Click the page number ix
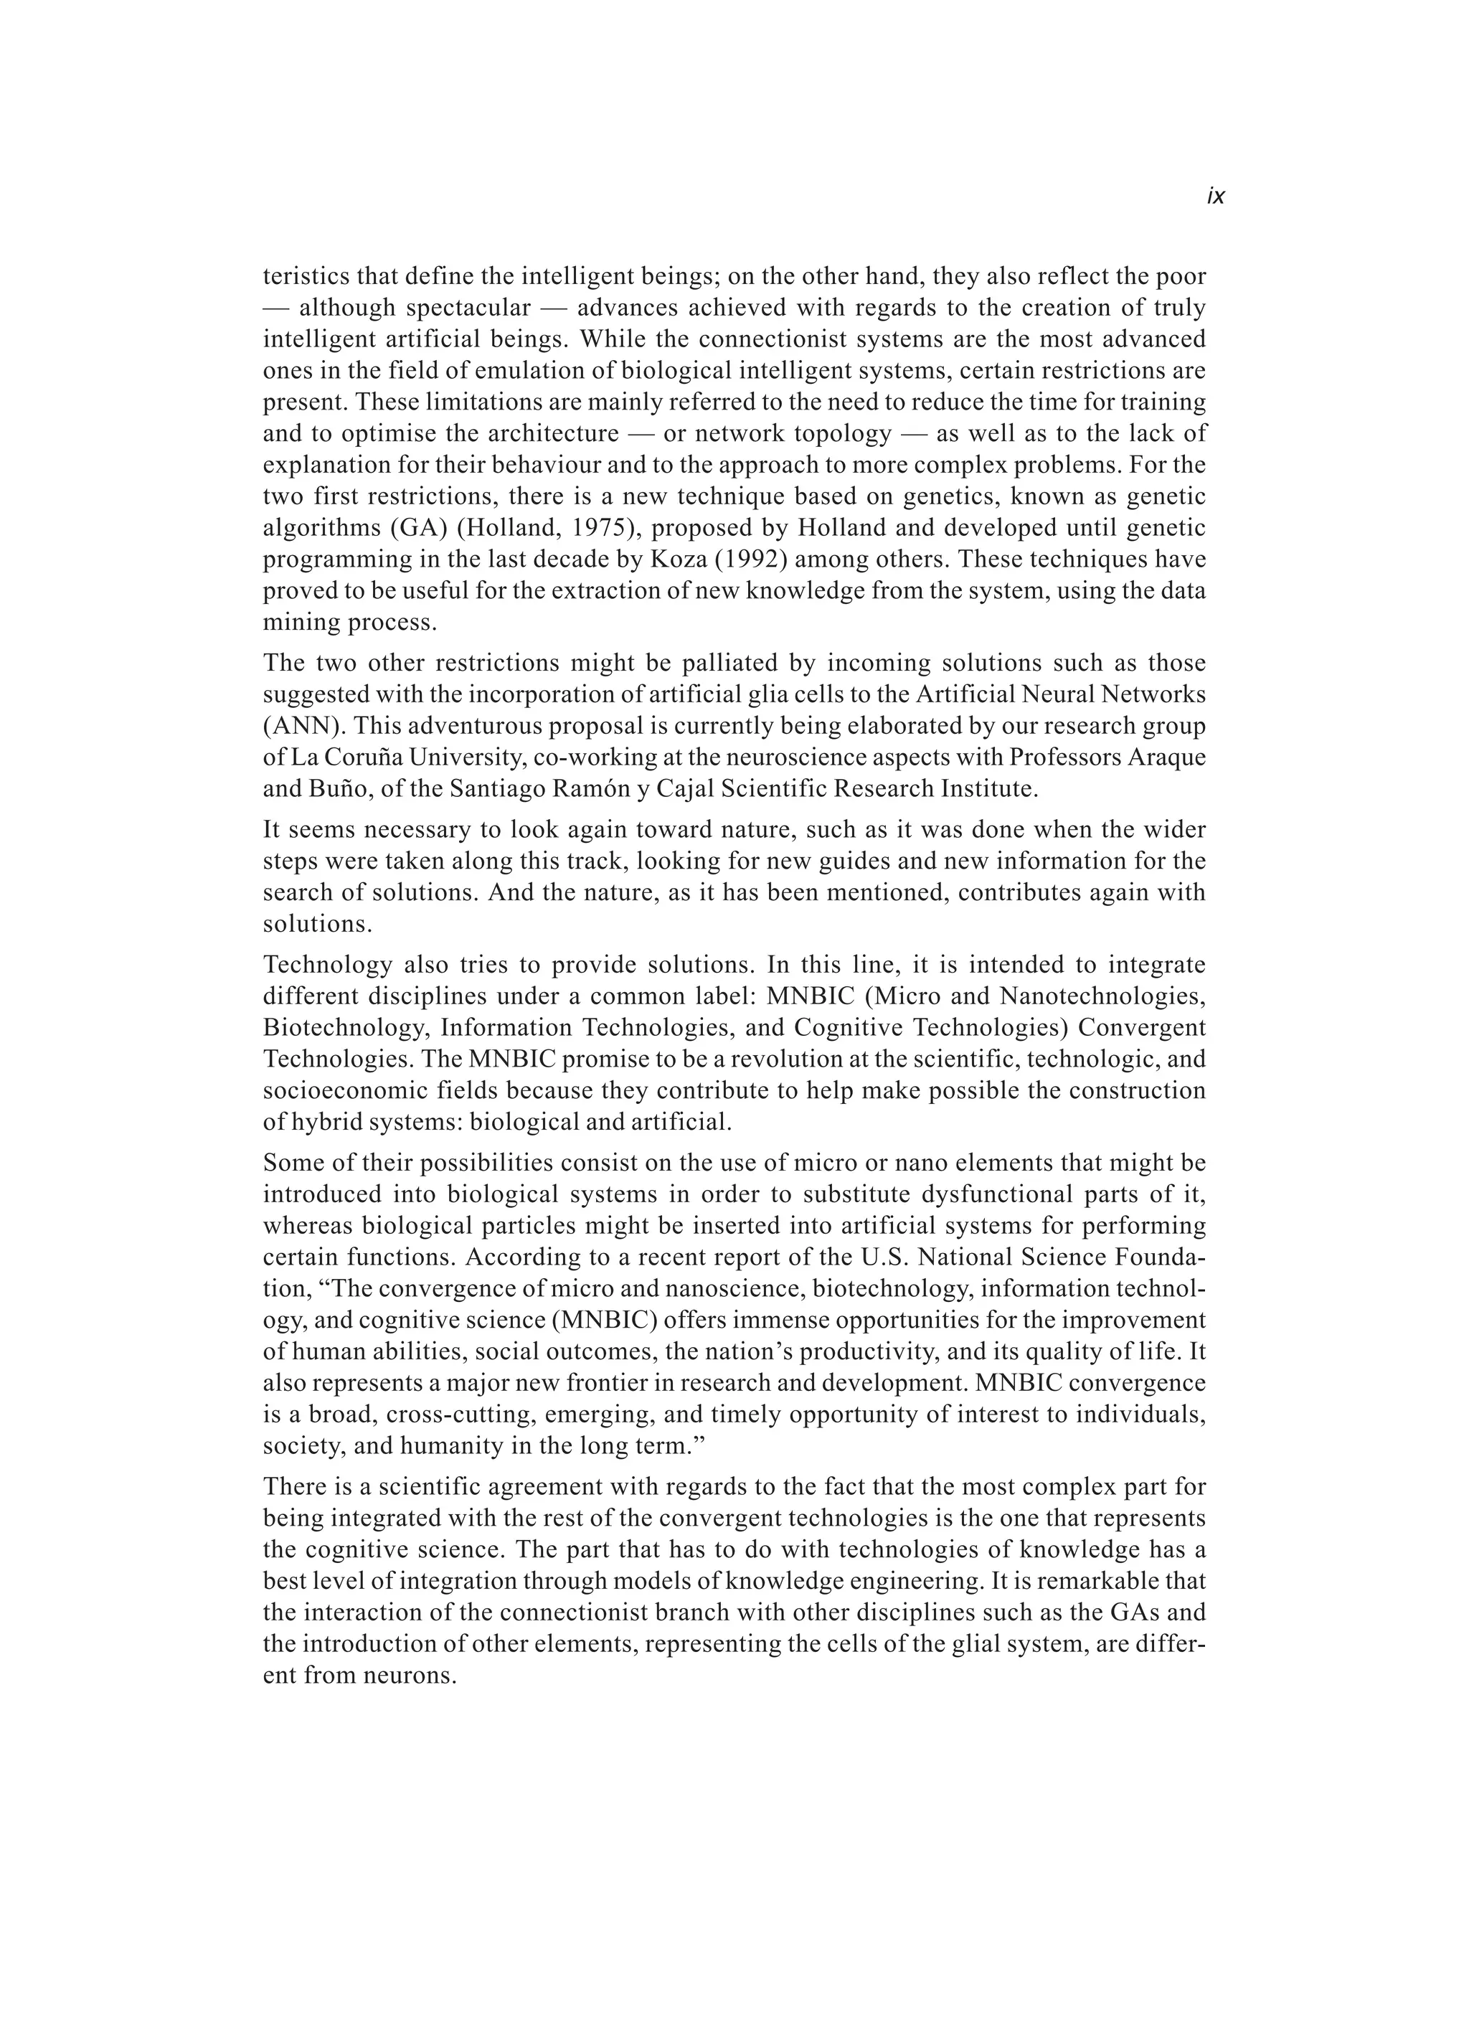[1215, 197]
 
